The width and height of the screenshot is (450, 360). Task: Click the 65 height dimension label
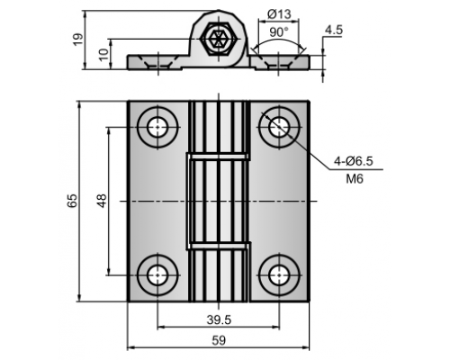coord(72,201)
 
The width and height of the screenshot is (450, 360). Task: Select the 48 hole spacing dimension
coord(102,201)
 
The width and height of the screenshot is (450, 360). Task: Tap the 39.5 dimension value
coord(219,320)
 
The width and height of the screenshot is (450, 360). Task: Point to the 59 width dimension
coord(219,341)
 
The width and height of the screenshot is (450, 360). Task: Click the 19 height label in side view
coord(77,40)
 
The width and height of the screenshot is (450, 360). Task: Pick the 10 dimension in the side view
coord(103,55)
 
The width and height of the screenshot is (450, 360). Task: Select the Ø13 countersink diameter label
coord(279,14)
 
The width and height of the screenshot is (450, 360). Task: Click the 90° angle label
coord(279,32)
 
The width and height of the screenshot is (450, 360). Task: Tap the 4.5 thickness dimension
coord(334,31)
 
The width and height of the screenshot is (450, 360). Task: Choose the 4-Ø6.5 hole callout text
coord(354,161)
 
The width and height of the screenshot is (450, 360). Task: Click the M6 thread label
coord(355,179)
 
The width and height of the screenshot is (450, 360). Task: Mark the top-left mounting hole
coord(157,127)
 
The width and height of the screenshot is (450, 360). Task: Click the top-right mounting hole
coord(280,127)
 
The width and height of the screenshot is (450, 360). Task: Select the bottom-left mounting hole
coord(157,275)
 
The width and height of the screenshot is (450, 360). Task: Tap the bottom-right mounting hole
coord(280,275)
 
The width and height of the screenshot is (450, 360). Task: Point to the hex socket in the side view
coord(219,39)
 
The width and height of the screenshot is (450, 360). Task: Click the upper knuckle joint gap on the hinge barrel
coord(219,157)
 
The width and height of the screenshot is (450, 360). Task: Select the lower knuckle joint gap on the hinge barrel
coord(219,246)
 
